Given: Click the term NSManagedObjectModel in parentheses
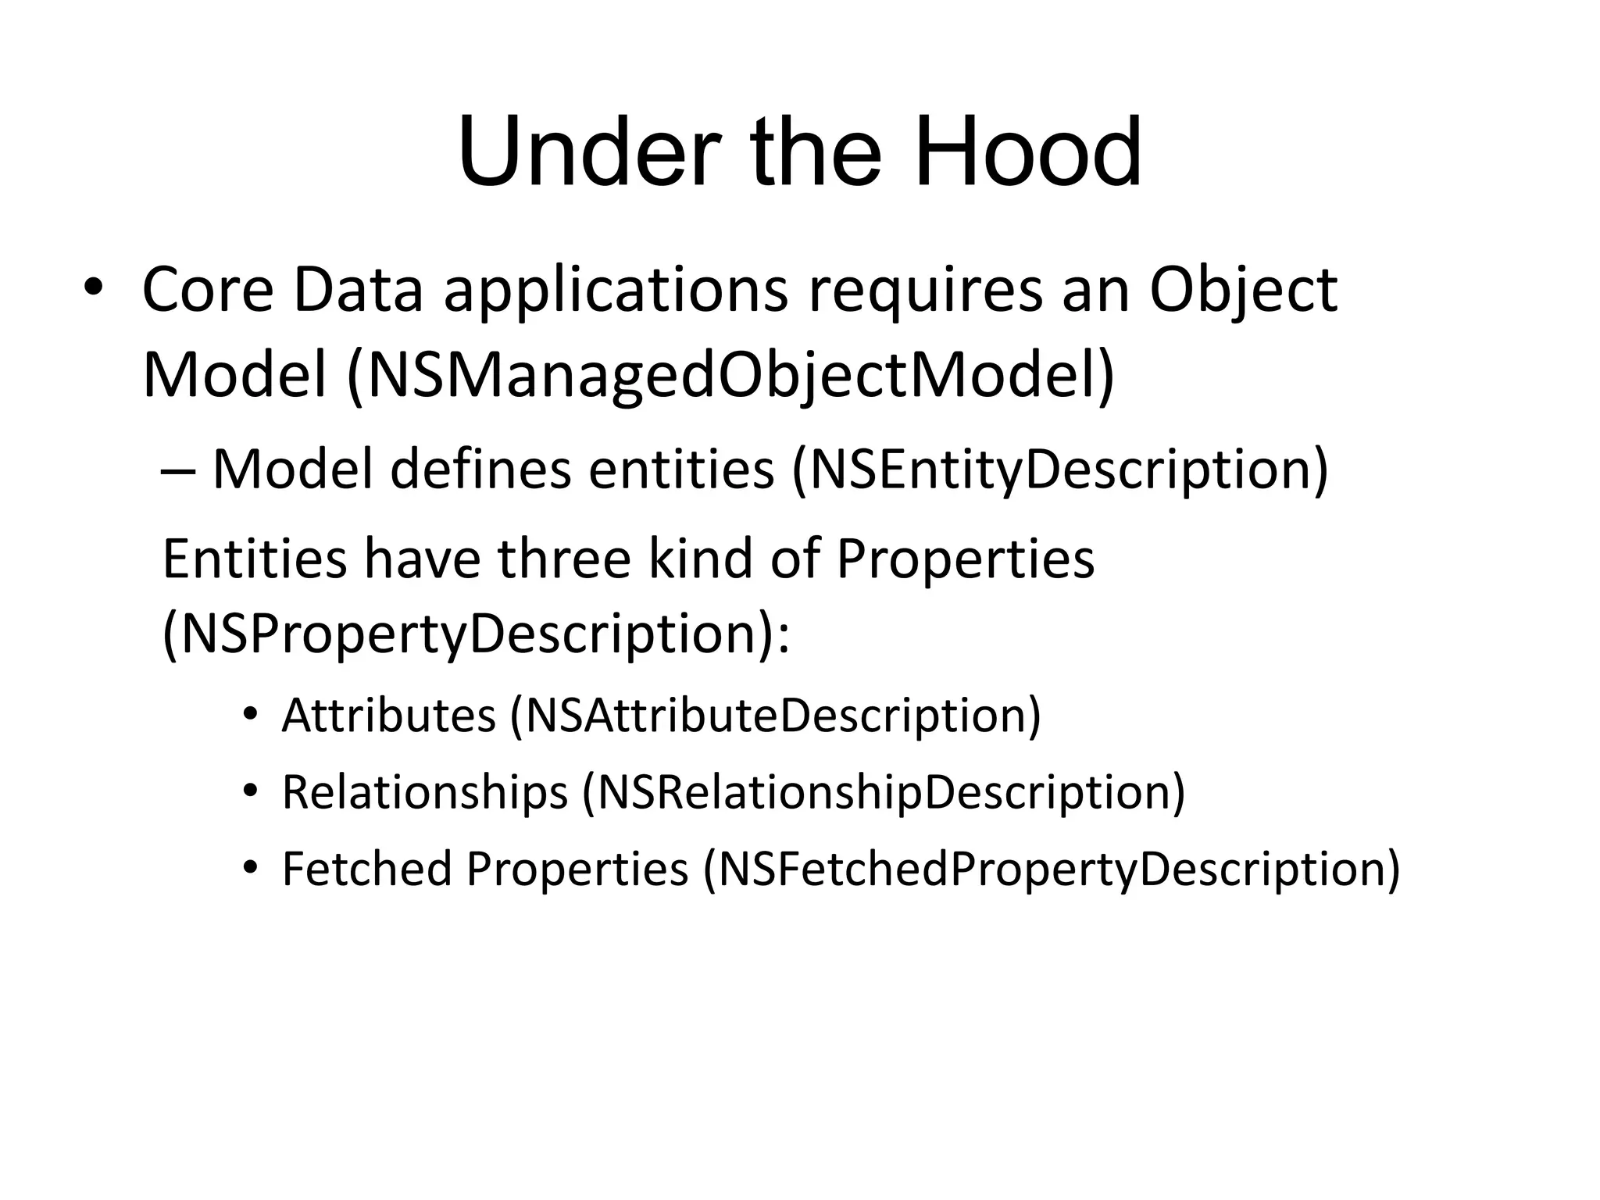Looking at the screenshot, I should (730, 377).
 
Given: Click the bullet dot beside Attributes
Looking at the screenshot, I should (249, 715).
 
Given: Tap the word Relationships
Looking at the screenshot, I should (424, 792).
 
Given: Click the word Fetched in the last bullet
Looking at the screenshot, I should (366, 869).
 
